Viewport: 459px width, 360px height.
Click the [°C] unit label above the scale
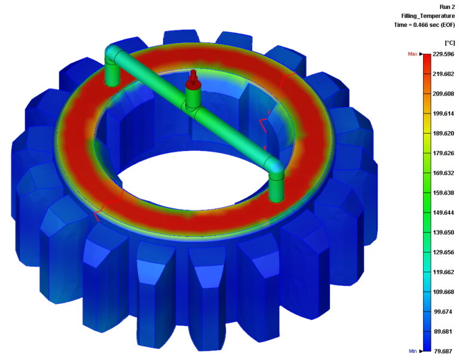450,43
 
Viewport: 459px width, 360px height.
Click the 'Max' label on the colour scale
412,54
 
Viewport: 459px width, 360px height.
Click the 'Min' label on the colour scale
412,351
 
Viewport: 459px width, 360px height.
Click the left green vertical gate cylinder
112,73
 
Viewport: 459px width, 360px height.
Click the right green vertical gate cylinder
277,187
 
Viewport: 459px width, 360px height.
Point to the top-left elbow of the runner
112,54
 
